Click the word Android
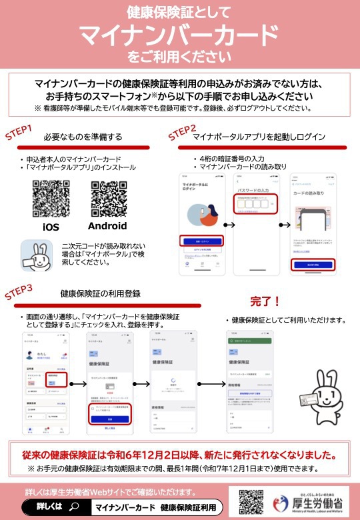point(108,226)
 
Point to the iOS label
point(51,227)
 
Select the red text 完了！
point(265,301)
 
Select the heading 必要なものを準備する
point(83,137)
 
